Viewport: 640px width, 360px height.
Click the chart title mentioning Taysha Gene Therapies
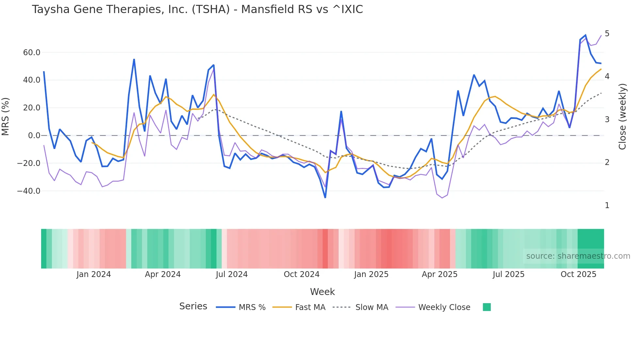tap(197, 9)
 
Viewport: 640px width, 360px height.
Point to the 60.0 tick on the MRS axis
tap(31, 53)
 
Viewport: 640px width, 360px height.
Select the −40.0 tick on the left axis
tap(29, 191)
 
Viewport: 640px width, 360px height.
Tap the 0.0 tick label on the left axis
tap(34, 136)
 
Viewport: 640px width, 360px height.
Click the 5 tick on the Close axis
tap(607, 34)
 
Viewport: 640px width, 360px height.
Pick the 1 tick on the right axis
tap(607, 205)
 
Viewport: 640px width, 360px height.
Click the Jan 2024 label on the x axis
tap(94, 274)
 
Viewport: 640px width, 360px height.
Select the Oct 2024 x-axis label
tap(301, 274)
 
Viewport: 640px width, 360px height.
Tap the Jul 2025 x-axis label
tap(508, 274)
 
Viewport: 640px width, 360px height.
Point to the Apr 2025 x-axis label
tap(440, 274)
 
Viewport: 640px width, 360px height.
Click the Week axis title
tap(322, 292)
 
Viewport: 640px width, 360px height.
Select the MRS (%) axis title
tap(6, 116)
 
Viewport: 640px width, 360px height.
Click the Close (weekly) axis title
tap(622, 116)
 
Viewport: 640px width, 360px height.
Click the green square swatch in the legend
tap(487, 307)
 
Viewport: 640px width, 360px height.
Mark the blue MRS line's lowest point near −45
tap(325, 197)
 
